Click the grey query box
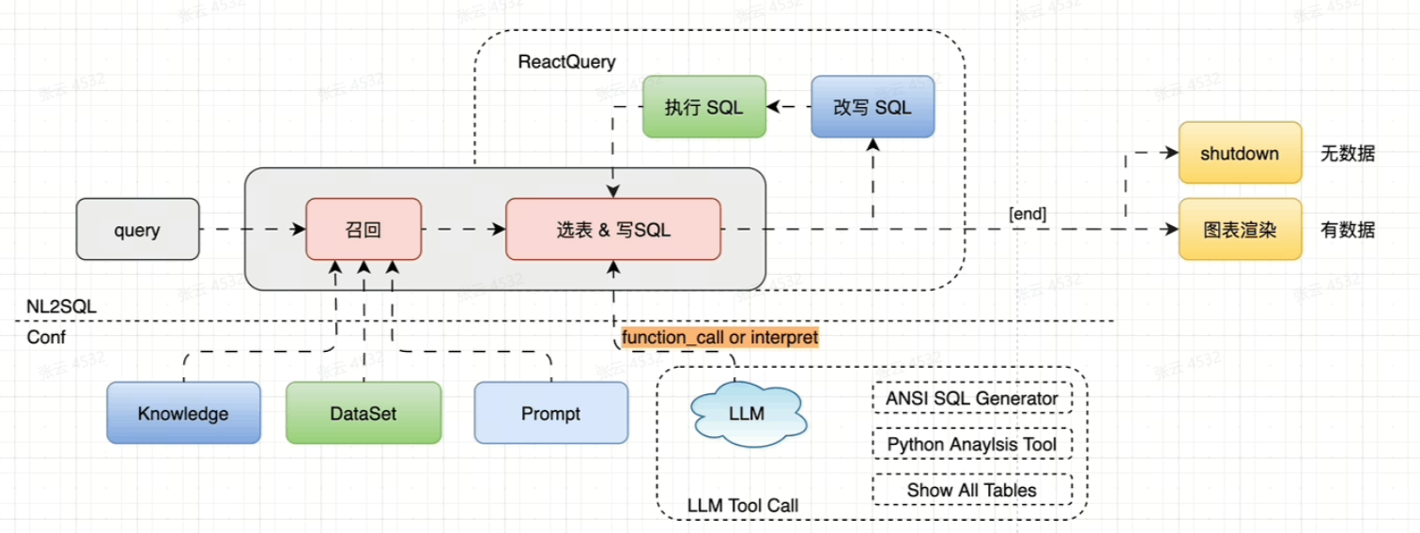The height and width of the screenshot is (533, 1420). (x=137, y=229)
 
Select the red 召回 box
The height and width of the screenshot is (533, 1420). (x=363, y=229)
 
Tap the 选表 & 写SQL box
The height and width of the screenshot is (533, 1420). (x=612, y=229)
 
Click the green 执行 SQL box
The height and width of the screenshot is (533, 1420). (x=703, y=107)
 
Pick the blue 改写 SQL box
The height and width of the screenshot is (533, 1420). (x=872, y=107)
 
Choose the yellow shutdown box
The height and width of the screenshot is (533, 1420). (x=1240, y=153)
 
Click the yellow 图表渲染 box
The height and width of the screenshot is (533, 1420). (x=1240, y=229)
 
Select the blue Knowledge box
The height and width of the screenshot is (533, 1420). (x=183, y=413)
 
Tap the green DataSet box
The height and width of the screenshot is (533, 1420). (x=363, y=413)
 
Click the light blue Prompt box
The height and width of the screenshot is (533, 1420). (x=550, y=413)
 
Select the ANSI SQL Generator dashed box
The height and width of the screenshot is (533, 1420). (x=972, y=399)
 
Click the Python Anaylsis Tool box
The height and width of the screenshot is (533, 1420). (x=972, y=444)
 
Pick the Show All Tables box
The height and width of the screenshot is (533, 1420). (x=972, y=490)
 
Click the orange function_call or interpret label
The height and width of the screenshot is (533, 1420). (x=719, y=337)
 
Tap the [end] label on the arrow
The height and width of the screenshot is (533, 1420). (x=1027, y=214)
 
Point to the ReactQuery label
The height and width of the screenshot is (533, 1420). (x=566, y=62)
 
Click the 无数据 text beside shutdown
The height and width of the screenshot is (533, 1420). (x=1347, y=153)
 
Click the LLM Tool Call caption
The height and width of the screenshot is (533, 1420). (x=742, y=506)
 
